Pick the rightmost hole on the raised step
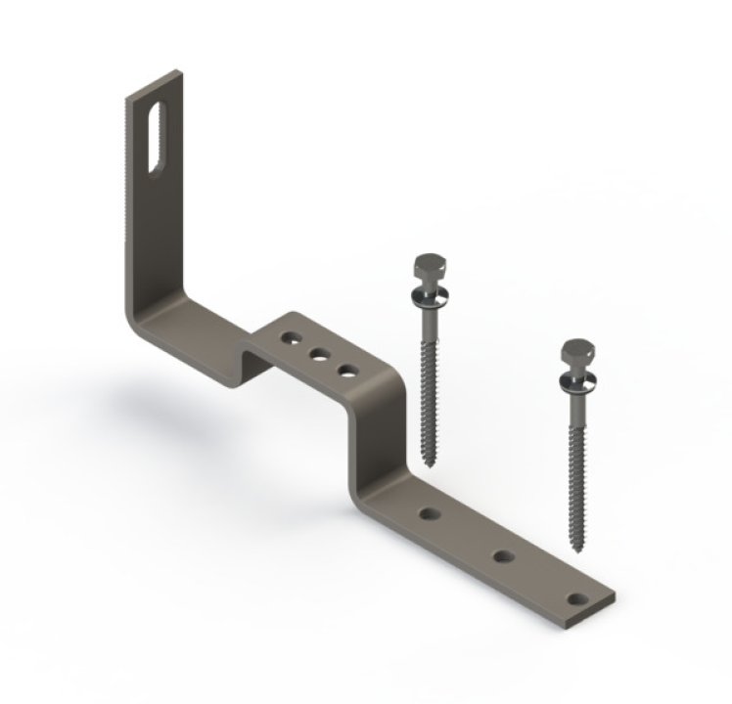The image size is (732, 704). [x=345, y=370]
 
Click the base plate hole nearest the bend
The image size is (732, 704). [x=428, y=512]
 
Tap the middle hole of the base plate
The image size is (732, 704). [x=503, y=556]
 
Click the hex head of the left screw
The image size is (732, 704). [x=428, y=267]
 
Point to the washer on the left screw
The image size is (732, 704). [x=428, y=290]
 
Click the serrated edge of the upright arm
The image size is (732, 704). [x=128, y=196]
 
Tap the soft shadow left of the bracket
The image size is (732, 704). [x=137, y=401]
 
